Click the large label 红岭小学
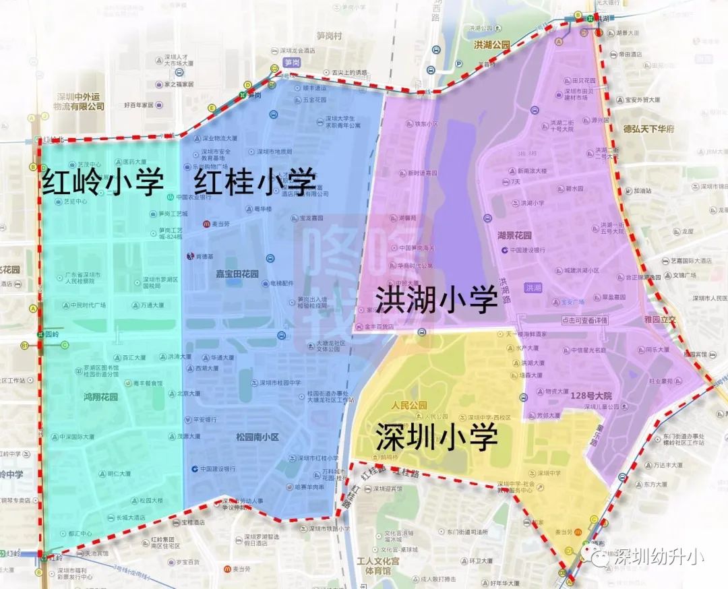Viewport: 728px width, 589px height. pyautogui.click(x=103, y=182)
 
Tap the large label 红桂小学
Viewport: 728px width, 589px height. pyautogui.click(x=255, y=182)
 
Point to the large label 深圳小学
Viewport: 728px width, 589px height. pyautogui.click(x=436, y=436)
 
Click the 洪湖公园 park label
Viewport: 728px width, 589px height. pyautogui.click(x=492, y=45)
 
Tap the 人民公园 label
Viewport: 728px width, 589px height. pyautogui.click(x=409, y=406)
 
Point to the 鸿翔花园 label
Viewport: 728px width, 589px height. pyautogui.click(x=100, y=397)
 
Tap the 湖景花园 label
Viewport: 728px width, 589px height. pyautogui.click(x=514, y=236)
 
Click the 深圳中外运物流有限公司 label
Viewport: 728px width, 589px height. pyautogui.click(x=80, y=101)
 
